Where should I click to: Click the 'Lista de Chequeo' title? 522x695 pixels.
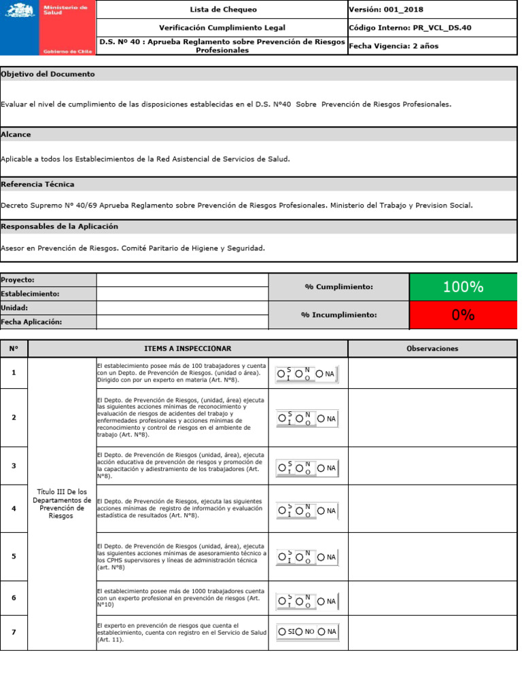222,10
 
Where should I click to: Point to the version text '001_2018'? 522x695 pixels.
395,10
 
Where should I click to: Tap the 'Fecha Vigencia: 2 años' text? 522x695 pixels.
394,46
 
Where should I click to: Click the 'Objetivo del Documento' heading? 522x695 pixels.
48,74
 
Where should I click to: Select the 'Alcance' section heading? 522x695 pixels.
16,134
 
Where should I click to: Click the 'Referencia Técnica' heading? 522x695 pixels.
38,185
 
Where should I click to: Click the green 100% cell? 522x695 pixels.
463,287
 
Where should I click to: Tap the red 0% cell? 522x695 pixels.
463,315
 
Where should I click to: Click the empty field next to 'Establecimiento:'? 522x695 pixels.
182,294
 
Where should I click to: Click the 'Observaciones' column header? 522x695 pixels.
432,349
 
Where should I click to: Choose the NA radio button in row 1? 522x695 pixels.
320,374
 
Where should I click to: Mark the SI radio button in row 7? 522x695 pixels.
282,632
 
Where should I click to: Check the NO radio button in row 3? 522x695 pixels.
300,468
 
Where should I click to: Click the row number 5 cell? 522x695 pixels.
14,557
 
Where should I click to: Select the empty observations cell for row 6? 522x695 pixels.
432,598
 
